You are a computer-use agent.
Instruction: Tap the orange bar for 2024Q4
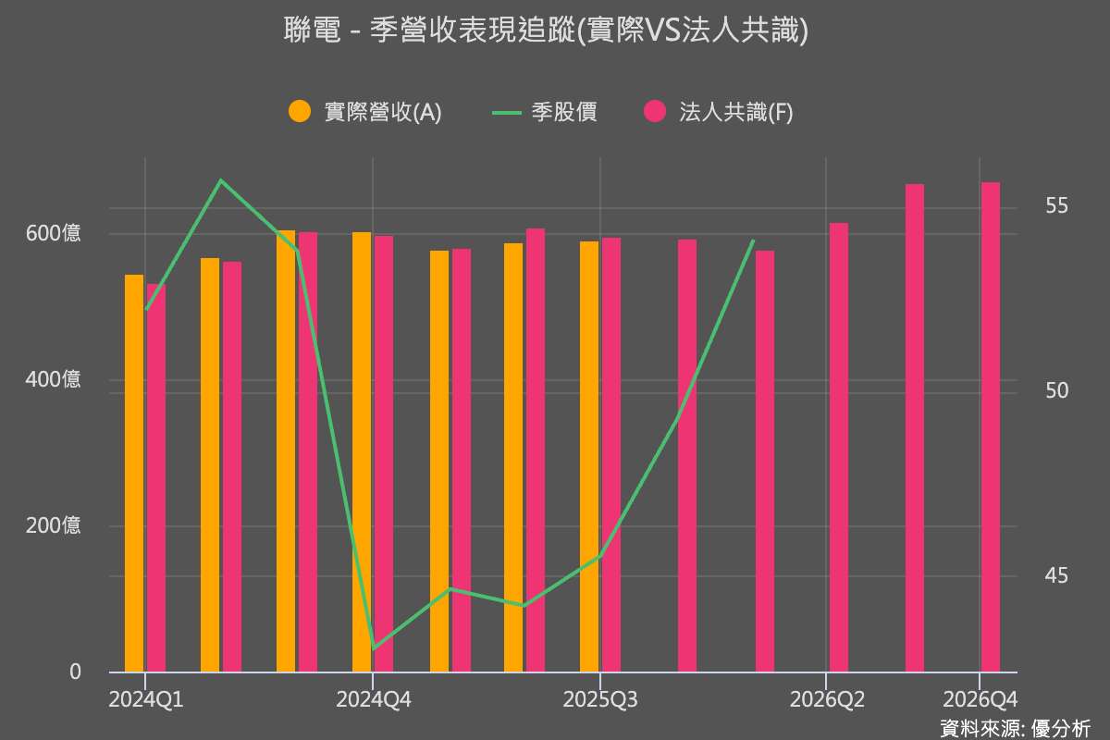click(362, 452)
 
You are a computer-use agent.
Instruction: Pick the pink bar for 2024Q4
click(384, 454)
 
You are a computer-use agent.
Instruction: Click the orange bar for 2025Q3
click(589, 457)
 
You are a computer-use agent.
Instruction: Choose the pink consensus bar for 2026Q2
click(838, 448)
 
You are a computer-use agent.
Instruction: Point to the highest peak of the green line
click(221, 180)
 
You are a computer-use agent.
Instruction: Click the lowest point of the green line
click(373, 648)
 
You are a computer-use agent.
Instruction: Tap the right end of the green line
click(754, 240)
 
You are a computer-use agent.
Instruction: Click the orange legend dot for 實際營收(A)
click(300, 112)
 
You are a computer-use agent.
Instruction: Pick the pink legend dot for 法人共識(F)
click(655, 112)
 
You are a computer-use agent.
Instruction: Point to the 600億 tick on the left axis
click(53, 233)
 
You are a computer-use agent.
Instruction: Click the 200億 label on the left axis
click(53, 526)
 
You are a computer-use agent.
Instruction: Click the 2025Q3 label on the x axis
click(600, 699)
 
